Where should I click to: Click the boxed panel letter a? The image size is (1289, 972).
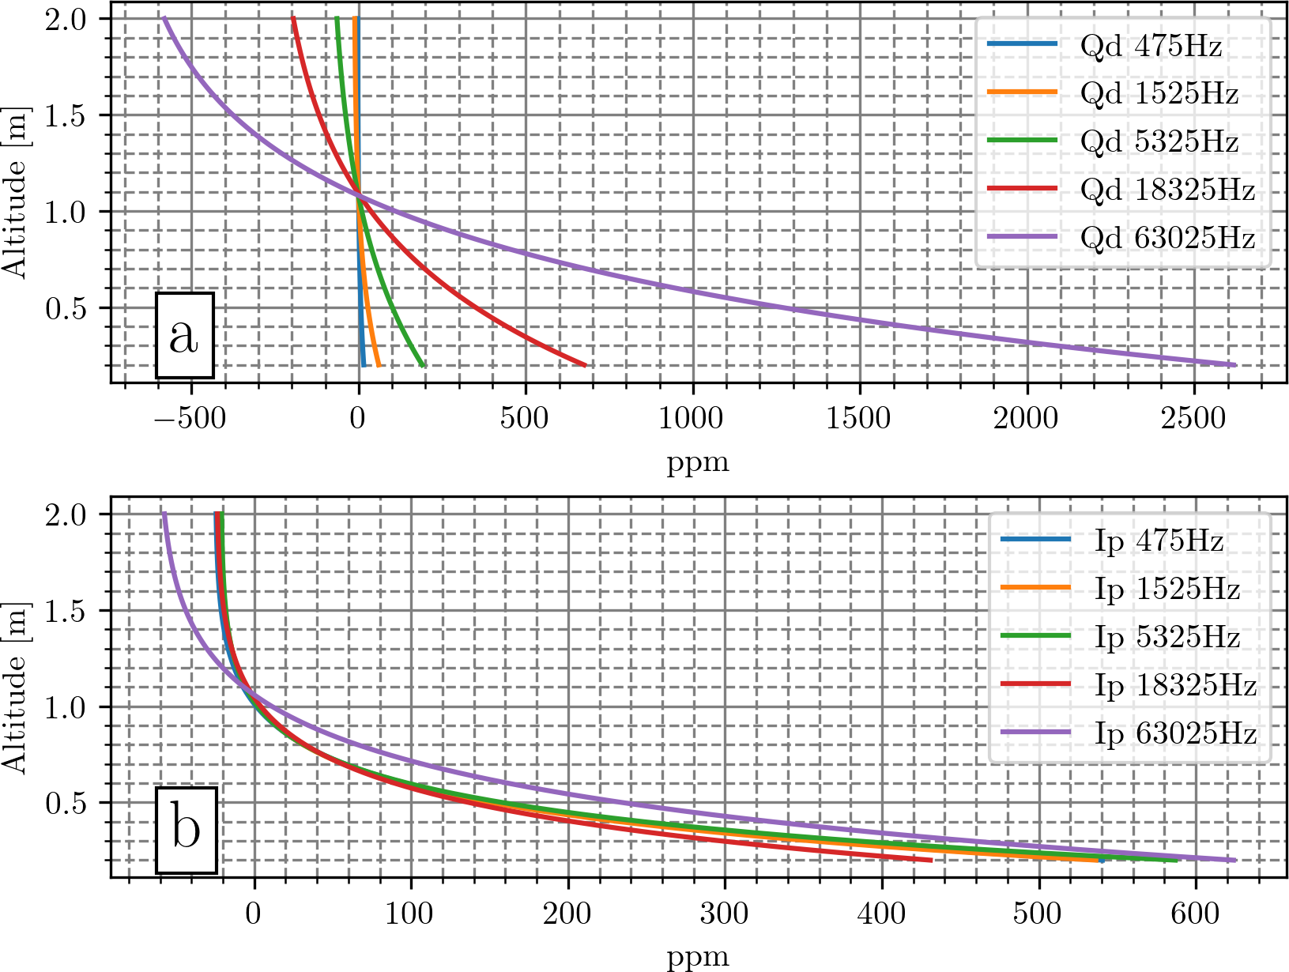(184, 336)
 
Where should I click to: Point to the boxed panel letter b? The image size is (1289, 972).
(186, 831)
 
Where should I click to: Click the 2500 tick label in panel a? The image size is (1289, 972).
(1193, 419)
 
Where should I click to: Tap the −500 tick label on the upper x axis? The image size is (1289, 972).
(189, 419)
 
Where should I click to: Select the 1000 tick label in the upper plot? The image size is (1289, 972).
(692, 419)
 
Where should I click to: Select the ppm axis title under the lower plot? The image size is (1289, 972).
(698, 957)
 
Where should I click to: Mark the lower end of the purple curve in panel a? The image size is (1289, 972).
(1234, 364)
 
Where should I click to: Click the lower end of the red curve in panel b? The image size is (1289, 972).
(931, 860)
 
